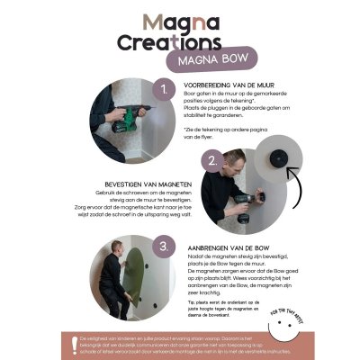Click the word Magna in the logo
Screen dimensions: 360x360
(179, 21)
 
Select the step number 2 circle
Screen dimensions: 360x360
(212, 163)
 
